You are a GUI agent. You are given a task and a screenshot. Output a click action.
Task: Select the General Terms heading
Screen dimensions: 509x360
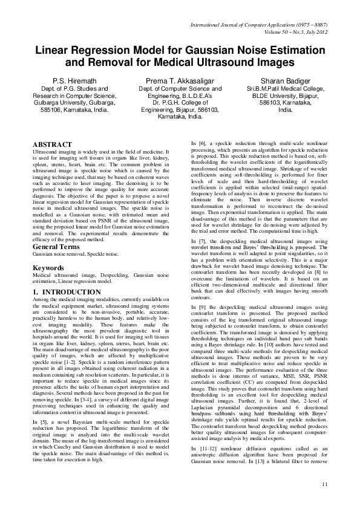pos(59,247)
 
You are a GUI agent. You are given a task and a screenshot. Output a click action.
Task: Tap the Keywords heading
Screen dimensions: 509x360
pos(48,267)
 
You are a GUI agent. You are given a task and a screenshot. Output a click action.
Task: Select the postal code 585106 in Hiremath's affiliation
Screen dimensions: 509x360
pos(49,110)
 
